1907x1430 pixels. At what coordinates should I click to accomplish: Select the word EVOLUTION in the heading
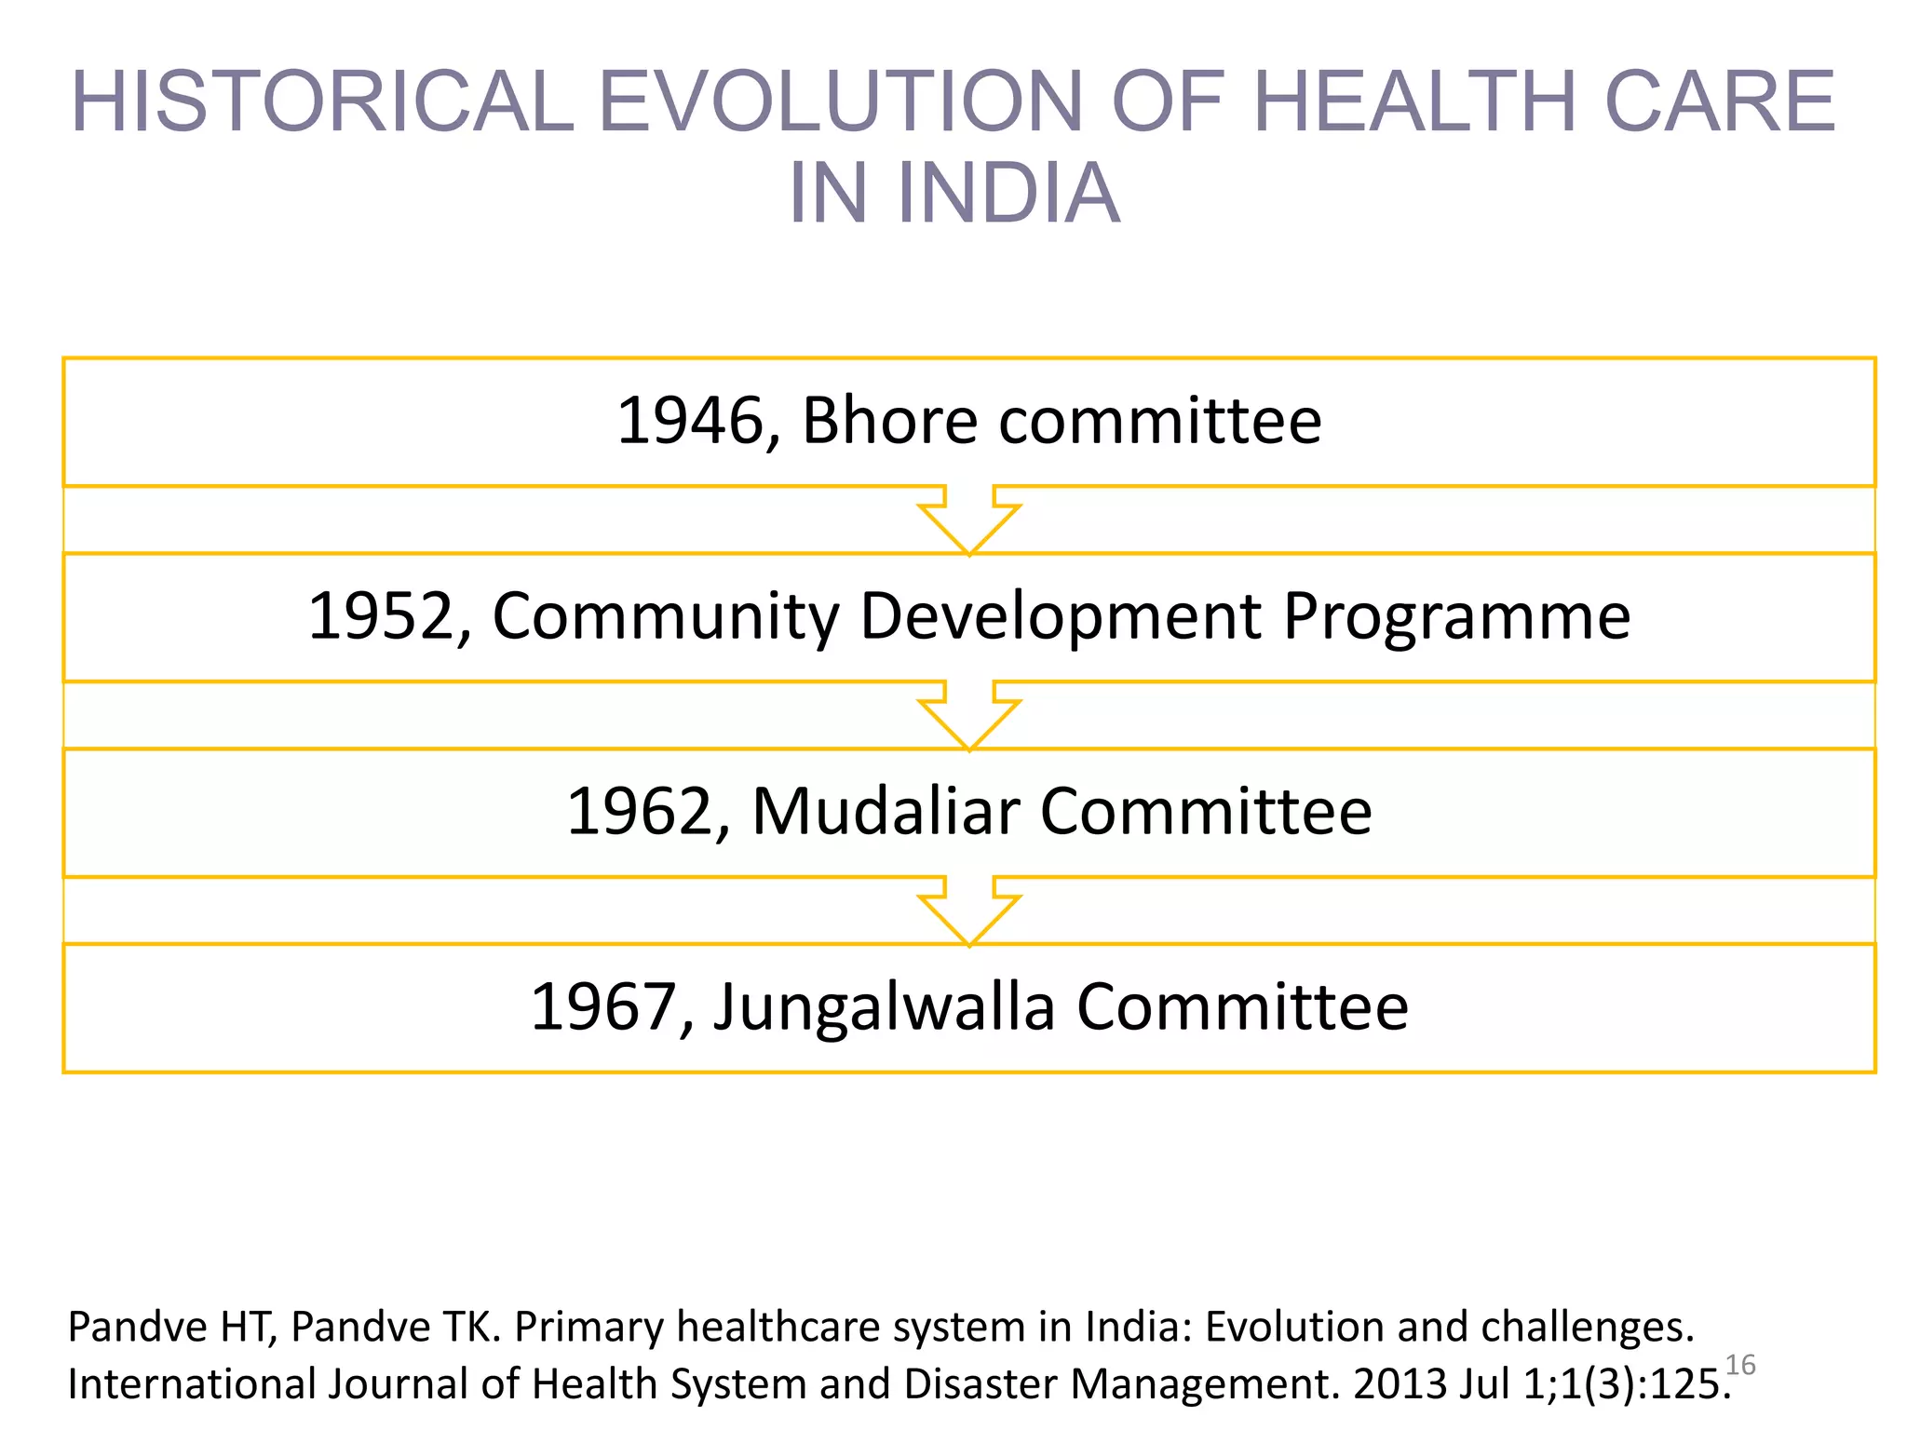pyautogui.click(x=838, y=101)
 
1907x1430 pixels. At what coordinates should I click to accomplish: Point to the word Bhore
pyautogui.click(x=890, y=422)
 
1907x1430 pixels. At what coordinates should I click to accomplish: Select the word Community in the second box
pyautogui.click(x=666, y=617)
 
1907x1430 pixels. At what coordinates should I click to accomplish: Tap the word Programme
pyautogui.click(x=1456, y=617)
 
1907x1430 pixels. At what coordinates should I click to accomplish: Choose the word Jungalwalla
pyautogui.click(x=885, y=1007)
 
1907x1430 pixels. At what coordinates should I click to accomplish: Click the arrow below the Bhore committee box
pyautogui.click(x=969, y=521)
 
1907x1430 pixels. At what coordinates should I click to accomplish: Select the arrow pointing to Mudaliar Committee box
pyautogui.click(x=969, y=717)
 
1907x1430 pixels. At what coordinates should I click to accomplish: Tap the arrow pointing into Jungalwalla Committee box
pyautogui.click(x=969, y=912)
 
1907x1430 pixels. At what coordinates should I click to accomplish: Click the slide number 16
pyautogui.click(x=1740, y=1365)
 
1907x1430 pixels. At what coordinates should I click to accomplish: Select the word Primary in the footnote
pyautogui.click(x=588, y=1328)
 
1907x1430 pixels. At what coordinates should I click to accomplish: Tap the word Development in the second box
pyautogui.click(x=1060, y=617)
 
